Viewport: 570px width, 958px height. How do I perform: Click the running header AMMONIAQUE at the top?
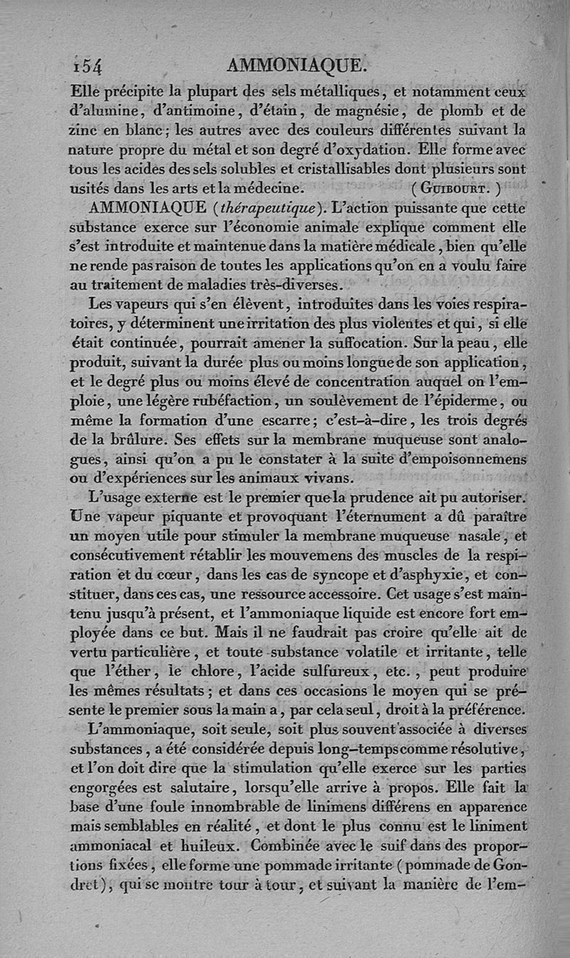[296, 66]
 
